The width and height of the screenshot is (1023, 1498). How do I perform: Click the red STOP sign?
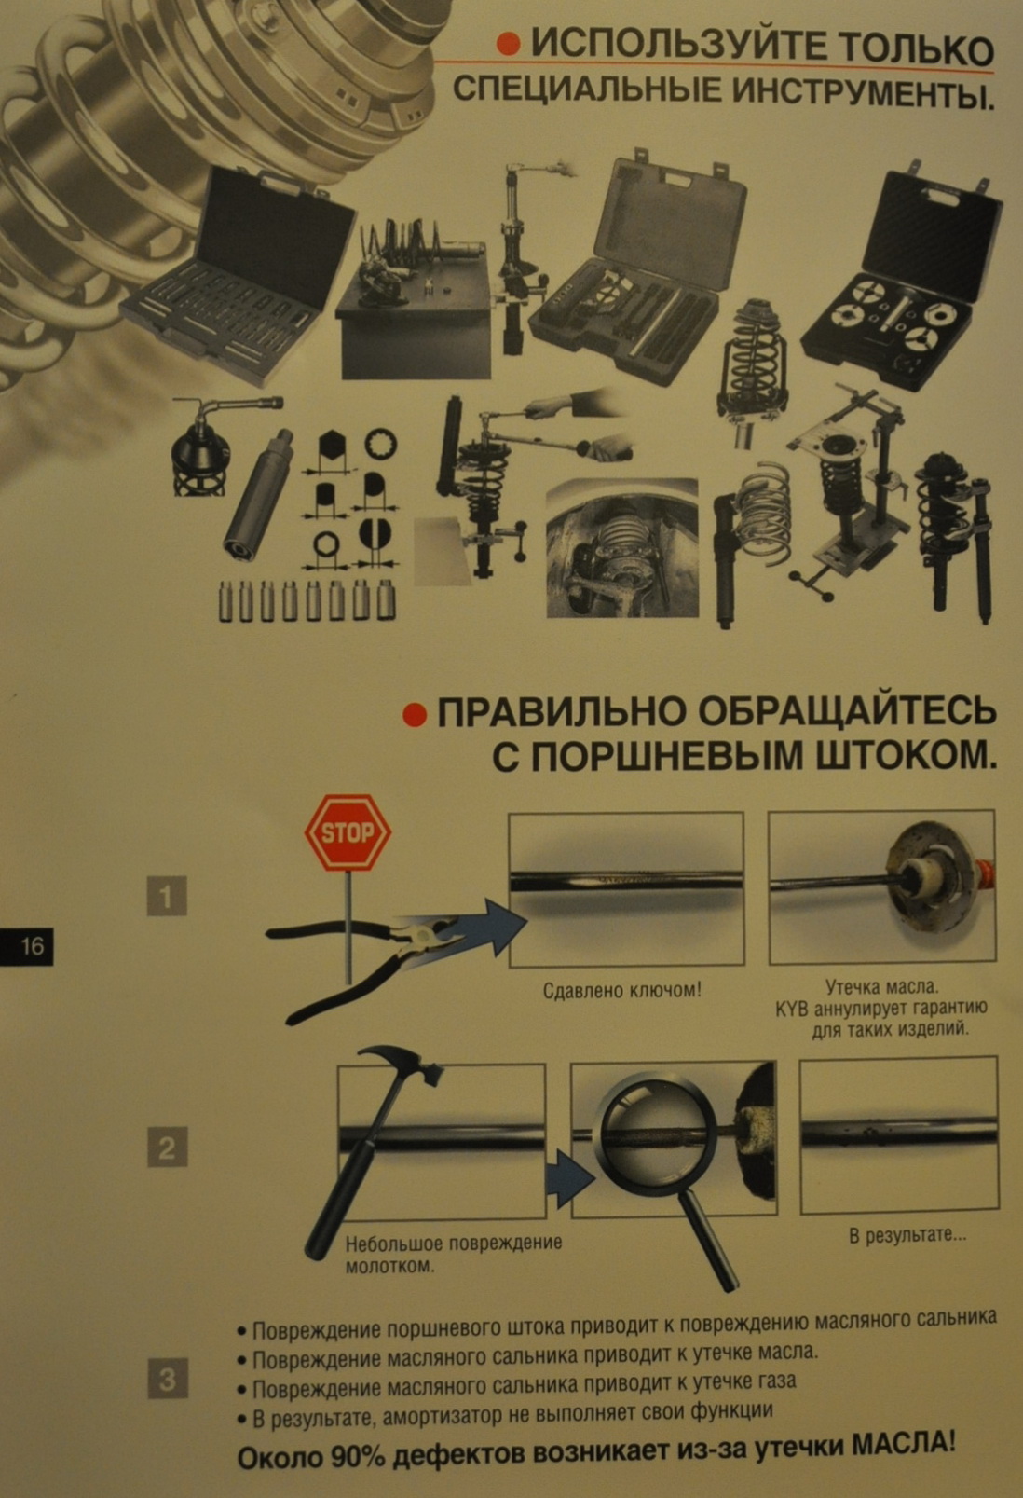(x=348, y=832)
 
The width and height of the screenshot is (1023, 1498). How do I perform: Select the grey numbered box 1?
(x=167, y=897)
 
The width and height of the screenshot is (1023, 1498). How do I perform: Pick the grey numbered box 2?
(x=167, y=1148)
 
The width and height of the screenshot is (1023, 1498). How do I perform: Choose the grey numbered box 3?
(x=167, y=1379)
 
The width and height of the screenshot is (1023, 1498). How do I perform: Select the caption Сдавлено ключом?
(x=622, y=990)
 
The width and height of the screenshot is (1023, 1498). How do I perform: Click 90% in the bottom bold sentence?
(x=358, y=1459)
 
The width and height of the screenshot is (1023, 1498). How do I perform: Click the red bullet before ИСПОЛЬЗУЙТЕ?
(x=509, y=45)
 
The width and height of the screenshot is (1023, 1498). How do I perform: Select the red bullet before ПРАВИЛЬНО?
(x=415, y=715)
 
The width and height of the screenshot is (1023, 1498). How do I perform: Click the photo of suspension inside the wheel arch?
(x=622, y=547)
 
